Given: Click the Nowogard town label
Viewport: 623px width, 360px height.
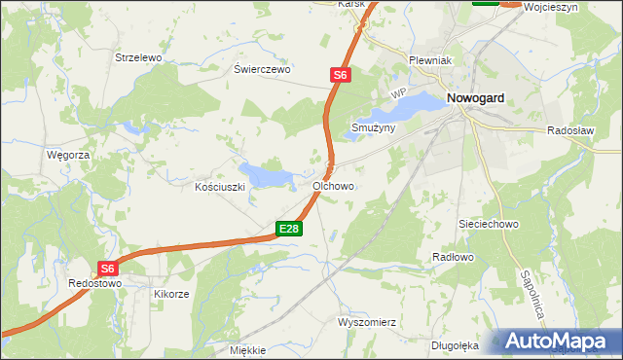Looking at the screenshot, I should click(481, 98).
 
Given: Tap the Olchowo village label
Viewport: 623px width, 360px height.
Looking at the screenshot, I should click(333, 185).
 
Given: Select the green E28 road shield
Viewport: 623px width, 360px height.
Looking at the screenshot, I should click(289, 229).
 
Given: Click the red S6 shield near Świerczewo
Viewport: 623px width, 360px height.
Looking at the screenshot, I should click(339, 74).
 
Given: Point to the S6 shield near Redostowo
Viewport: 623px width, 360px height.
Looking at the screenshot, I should click(108, 269).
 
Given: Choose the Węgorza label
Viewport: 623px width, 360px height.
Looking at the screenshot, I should click(68, 155).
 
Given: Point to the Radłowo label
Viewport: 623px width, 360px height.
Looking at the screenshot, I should click(452, 257).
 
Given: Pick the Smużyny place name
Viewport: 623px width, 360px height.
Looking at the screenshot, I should click(373, 127).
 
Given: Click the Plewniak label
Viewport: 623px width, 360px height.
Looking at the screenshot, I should click(427, 60).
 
